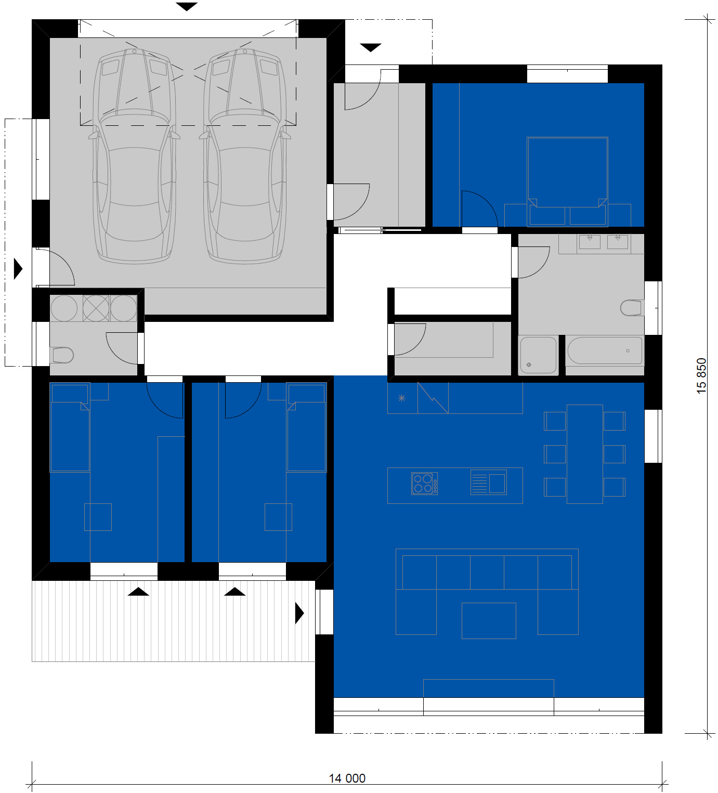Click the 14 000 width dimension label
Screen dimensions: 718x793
347,778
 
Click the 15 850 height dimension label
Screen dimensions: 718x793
701,376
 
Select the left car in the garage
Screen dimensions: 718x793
135,156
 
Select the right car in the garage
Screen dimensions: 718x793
245,156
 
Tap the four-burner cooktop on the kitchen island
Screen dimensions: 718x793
424,484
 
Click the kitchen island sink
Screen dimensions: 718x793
488,482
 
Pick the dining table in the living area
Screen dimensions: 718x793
585,454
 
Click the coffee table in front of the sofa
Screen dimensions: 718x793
489,621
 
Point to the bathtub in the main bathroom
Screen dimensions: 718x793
605,350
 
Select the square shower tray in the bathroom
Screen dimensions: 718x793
538,355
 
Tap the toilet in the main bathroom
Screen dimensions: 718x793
631,308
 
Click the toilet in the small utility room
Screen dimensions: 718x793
62,355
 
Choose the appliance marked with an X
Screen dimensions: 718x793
96,308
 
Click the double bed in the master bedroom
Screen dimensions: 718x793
567,181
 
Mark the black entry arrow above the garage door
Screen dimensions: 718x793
186,7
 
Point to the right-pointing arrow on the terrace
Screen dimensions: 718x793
299,613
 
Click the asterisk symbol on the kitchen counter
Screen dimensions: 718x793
402,398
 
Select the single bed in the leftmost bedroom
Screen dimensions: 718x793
70,427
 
